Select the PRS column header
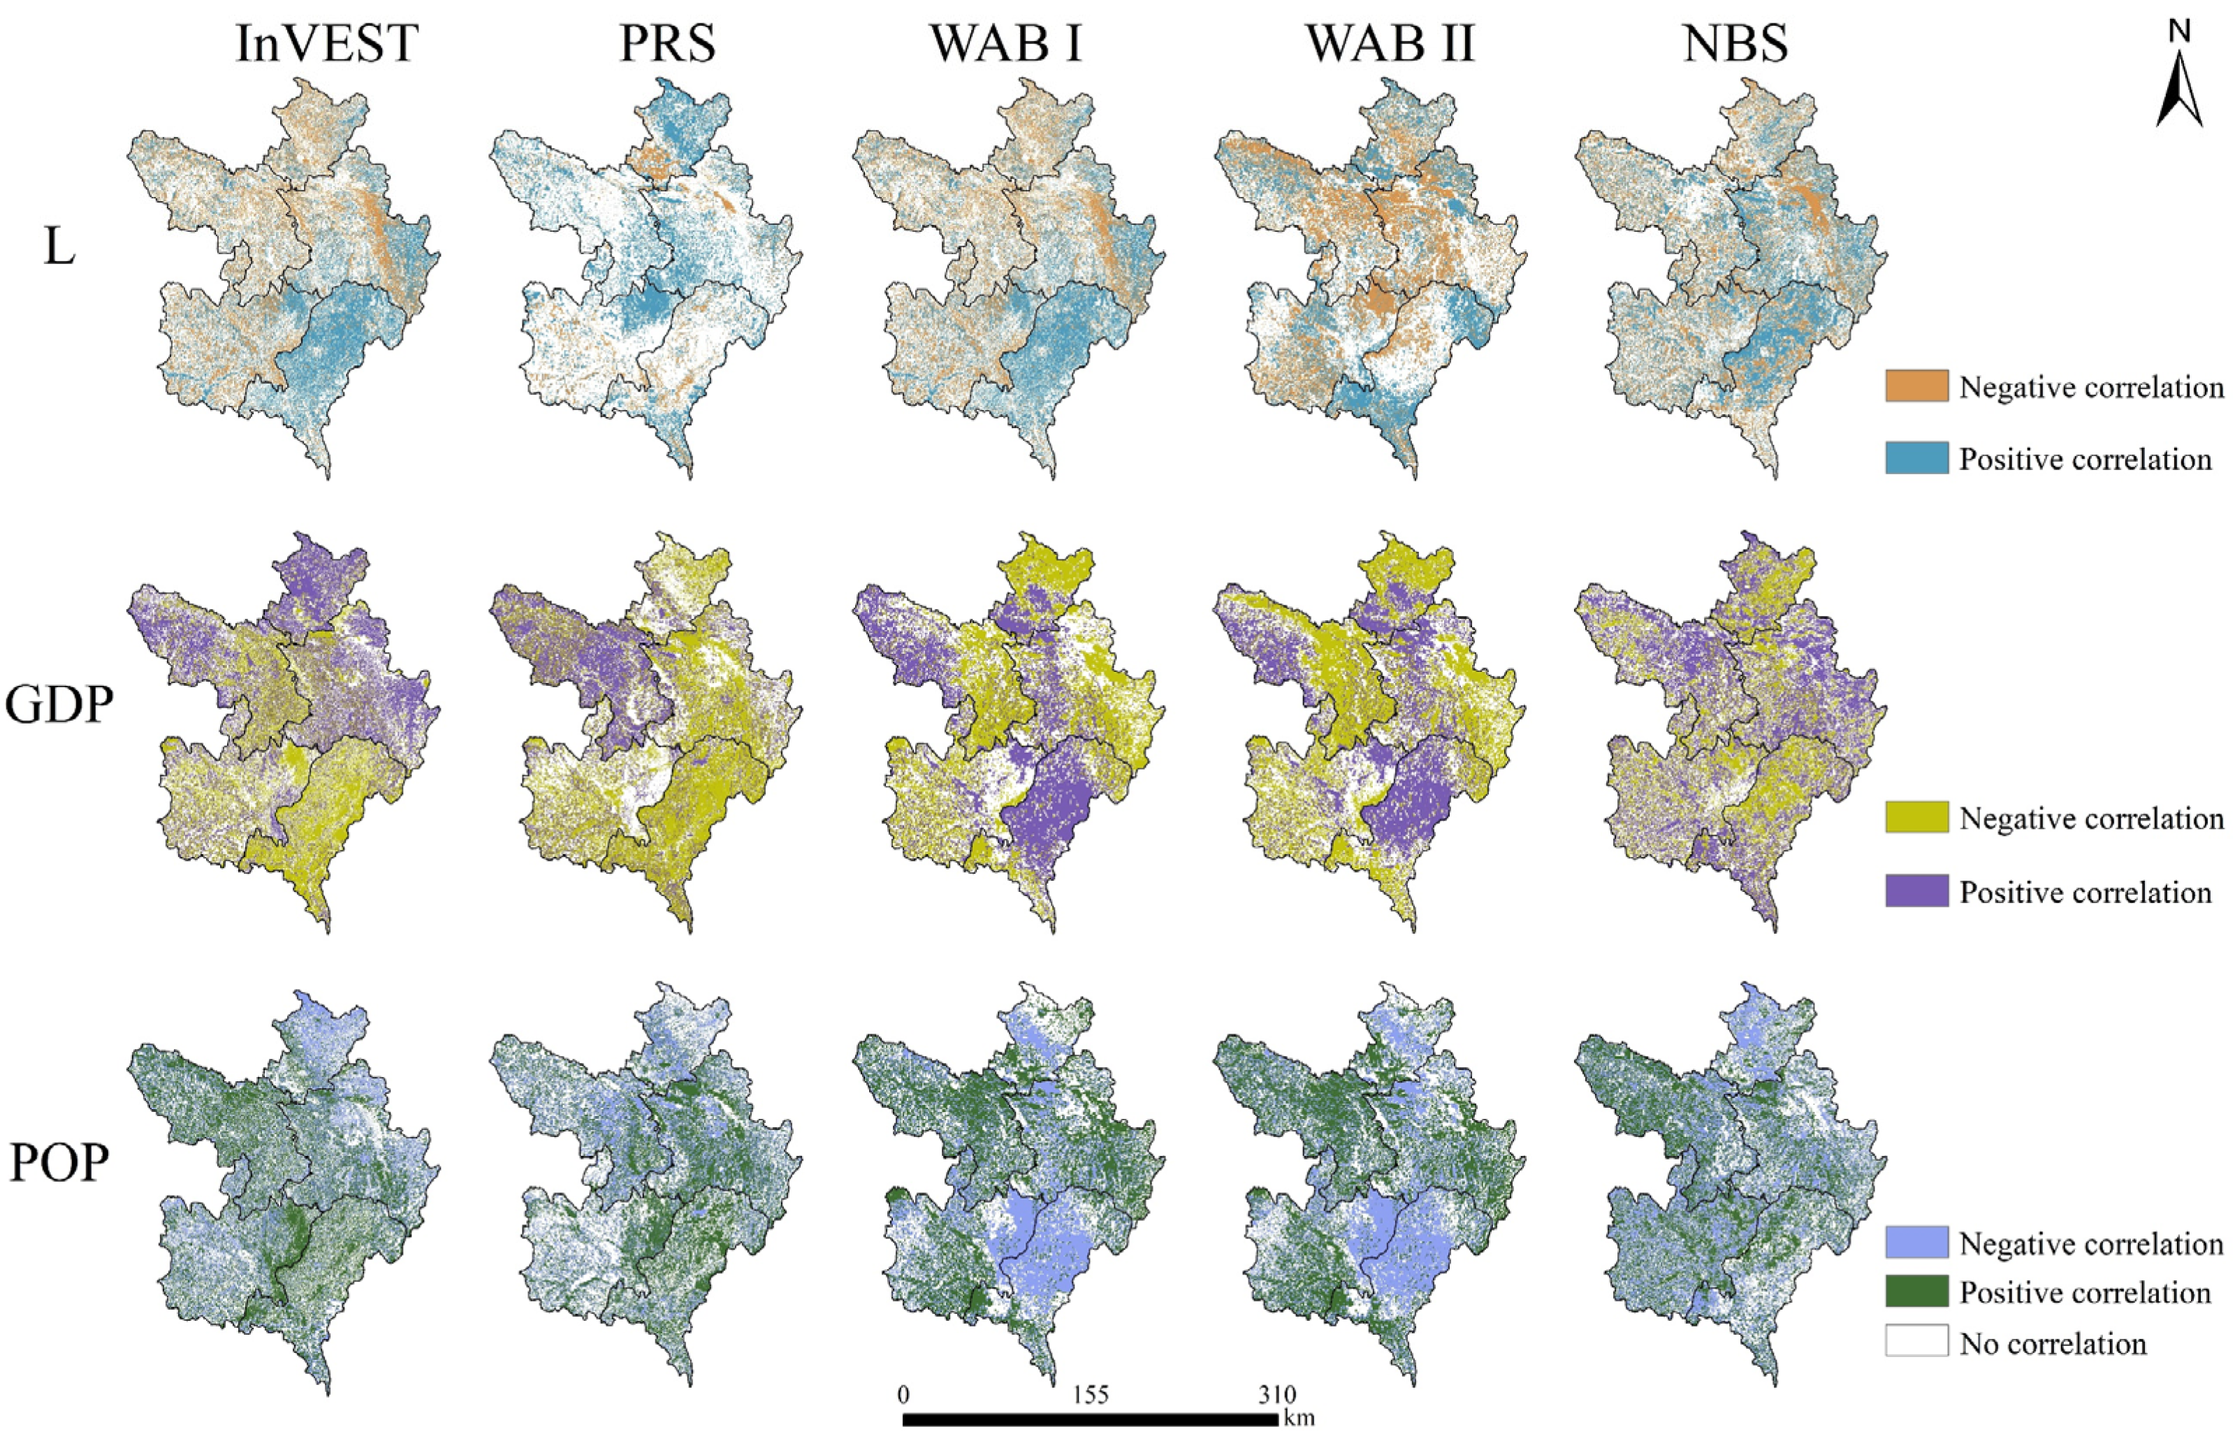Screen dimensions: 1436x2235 (668, 44)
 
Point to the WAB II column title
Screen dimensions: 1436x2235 (1391, 44)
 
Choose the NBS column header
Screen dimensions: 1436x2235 (1736, 44)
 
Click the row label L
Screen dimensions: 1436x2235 (59, 248)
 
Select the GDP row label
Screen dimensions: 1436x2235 (59, 706)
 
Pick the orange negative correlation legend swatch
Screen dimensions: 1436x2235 (1916, 386)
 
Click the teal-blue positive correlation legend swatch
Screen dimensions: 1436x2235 (1916, 458)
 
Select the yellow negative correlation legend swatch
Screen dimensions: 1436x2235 (1916, 818)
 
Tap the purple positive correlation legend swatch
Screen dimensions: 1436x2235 (1916, 891)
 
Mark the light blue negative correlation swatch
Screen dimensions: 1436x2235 (1916, 1243)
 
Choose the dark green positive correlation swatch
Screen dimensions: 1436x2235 (1916, 1292)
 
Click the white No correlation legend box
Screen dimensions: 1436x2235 (1916, 1342)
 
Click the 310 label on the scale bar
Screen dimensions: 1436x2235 (1276, 1395)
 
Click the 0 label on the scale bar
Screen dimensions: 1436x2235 (903, 1395)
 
